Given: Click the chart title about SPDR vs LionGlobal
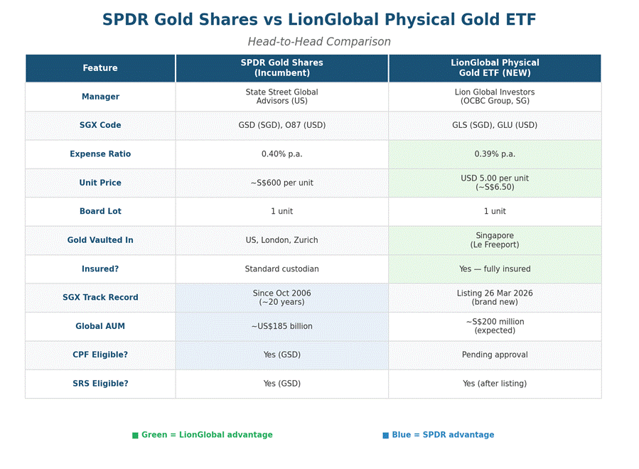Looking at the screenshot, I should pyautogui.click(x=319, y=20).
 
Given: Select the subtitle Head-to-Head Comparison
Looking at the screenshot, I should pyautogui.click(x=319, y=42).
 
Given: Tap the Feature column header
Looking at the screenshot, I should pyautogui.click(x=100, y=68).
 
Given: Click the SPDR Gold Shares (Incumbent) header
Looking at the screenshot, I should pyautogui.click(x=281, y=68).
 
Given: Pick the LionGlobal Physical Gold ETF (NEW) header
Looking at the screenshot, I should pyautogui.click(x=495, y=68).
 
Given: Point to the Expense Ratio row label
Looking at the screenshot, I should pyautogui.click(x=100, y=154).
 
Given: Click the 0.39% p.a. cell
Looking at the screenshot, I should pyautogui.click(x=495, y=154).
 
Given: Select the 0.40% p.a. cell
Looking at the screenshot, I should pyautogui.click(x=281, y=154).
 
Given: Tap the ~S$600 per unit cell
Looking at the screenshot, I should pyautogui.click(x=281, y=183).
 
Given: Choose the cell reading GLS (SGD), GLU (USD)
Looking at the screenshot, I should pyautogui.click(x=495, y=125).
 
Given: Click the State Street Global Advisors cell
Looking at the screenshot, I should pyautogui.click(x=281, y=97).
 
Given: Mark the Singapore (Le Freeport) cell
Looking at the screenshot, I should pyautogui.click(x=495, y=240).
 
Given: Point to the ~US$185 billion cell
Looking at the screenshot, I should pyautogui.click(x=281, y=326).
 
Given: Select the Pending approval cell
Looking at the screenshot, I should pyautogui.click(x=495, y=355).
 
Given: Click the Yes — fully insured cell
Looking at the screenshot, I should pyautogui.click(x=495, y=269).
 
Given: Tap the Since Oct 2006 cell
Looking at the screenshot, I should pyautogui.click(x=281, y=298).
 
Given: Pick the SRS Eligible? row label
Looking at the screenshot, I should pyautogui.click(x=100, y=384).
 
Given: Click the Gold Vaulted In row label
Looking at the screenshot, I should pyautogui.click(x=100, y=240).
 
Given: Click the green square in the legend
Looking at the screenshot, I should pyautogui.click(x=135, y=436).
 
